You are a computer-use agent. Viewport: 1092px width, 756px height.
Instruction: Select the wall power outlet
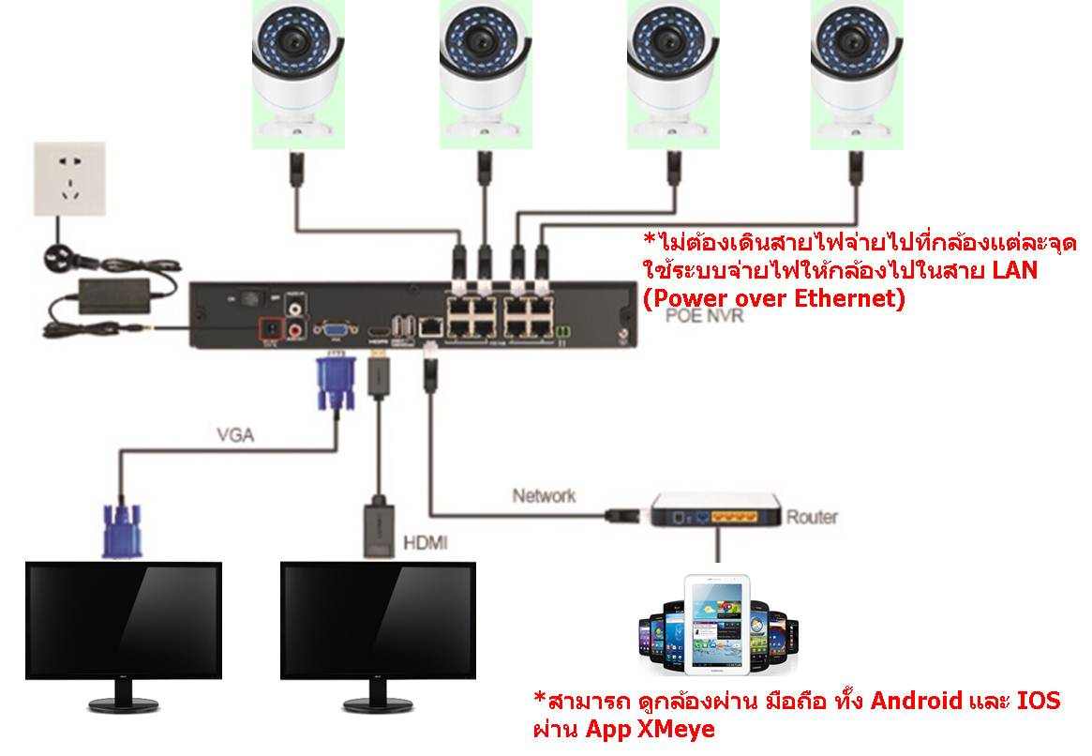point(68,178)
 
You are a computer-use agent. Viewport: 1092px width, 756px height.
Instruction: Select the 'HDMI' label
point(425,542)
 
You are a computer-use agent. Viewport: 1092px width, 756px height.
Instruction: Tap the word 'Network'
point(544,494)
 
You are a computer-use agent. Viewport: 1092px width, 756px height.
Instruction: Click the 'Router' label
point(812,516)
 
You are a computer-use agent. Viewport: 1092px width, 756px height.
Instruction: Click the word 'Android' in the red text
point(917,701)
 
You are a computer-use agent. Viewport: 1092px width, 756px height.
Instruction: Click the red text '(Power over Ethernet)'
point(772,299)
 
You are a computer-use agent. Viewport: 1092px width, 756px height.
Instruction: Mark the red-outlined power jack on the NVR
point(272,329)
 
